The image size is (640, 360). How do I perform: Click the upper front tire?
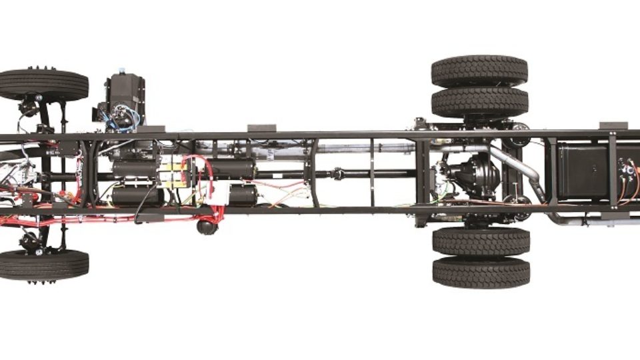(x=44, y=85)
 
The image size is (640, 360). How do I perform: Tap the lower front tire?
(x=44, y=265)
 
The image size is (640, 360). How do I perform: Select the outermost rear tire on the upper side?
(x=479, y=71)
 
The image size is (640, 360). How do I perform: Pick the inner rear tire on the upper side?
(x=479, y=103)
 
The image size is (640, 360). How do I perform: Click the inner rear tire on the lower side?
(x=481, y=241)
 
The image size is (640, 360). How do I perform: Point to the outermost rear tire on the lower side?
(x=481, y=272)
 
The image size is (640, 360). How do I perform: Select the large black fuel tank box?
(x=582, y=172)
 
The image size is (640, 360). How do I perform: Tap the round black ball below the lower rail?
(x=207, y=227)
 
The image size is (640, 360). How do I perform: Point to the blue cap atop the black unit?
(x=121, y=70)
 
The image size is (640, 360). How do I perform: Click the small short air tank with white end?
(x=243, y=195)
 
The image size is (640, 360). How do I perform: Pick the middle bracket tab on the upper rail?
(x=261, y=128)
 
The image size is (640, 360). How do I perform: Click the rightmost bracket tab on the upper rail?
(x=613, y=125)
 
